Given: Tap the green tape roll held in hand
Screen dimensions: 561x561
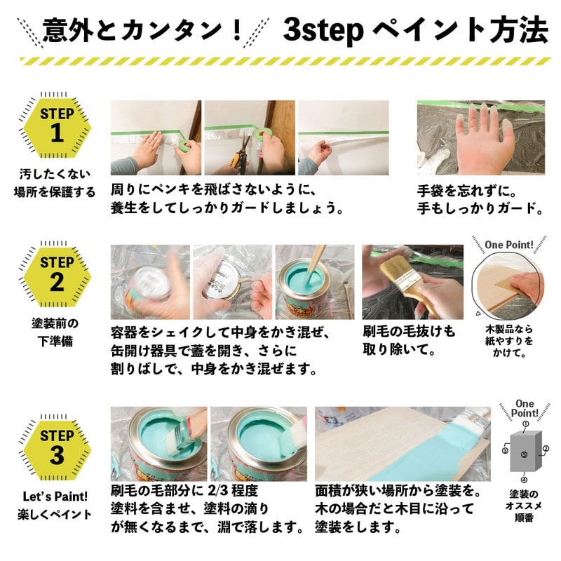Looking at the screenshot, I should point(183,144).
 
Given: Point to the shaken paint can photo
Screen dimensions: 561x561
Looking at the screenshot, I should point(149,280).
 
